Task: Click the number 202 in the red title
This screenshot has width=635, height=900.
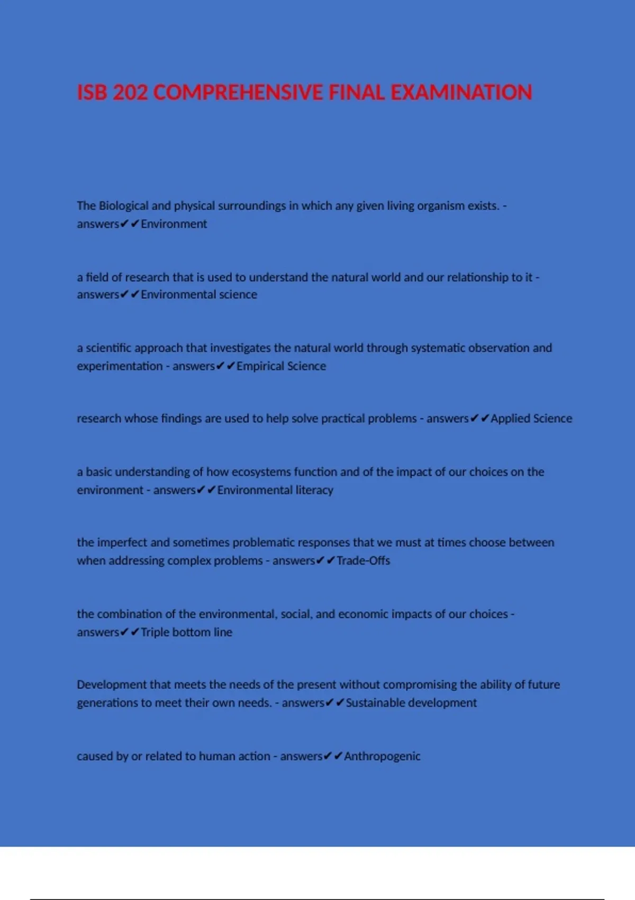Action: pos(130,93)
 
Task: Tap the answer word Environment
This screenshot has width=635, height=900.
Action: pos(174,224)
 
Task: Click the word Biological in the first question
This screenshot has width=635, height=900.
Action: pos(123,206)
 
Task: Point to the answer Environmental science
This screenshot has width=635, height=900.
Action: pos(199,295)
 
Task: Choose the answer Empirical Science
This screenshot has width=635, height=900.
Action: pos(281,366)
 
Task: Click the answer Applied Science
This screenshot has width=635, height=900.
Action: pos(531,419)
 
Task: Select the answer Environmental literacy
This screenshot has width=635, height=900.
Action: pos(275,490)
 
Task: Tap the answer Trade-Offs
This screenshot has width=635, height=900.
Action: pos(363,561)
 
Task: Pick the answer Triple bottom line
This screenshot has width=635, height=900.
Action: pos(186,632)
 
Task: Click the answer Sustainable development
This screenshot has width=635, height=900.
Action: pos(411,703)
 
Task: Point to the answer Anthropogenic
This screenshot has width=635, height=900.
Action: pos(382,757)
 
